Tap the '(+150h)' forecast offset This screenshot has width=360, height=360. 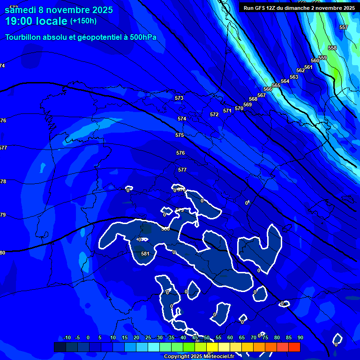(83, 21)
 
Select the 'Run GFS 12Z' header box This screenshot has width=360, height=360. (299, 7)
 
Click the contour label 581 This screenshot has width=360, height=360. (145, 254)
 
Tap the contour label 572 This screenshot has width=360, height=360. (214, 114)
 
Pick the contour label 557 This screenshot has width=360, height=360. (344, 27)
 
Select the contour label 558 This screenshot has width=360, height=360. (332, 48)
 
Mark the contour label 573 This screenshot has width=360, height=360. (179, 98)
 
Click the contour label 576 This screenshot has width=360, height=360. (180, 153)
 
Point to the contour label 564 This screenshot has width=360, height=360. (285, 81)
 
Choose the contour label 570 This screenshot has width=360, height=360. (239, 108)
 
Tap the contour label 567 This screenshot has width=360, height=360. (262, 95)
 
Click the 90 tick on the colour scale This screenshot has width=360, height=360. (300, 338)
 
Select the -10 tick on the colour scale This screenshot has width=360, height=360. (67, 338)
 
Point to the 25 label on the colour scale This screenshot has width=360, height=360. (148, 338)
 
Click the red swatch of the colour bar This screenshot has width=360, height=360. (294, 347)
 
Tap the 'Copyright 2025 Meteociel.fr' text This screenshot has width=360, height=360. (199, 357)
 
